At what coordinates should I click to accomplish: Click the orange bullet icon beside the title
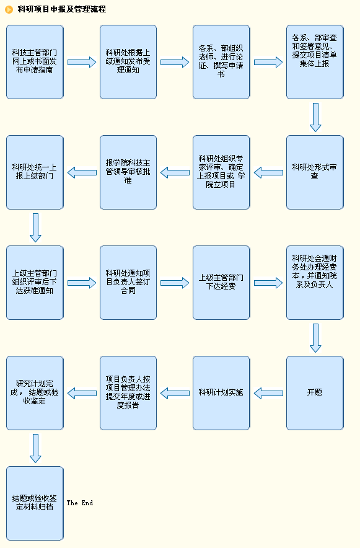pyautogui.click(x=9, y=10)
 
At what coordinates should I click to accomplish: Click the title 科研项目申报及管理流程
pyautogui.click(x=62, y=9)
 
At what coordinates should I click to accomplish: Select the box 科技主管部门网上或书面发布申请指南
pyautogui.click(x=35, y=62)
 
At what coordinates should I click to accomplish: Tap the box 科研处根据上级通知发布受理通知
pyautogui.click(x=128, y=62)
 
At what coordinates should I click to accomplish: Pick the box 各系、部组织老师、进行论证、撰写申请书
pyautogui.click(x=221, y=62)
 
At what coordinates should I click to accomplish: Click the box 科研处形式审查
pyautogui.click(x=315, y=172)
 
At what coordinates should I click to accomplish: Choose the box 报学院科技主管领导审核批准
pyautogui.click(x=128, y=172)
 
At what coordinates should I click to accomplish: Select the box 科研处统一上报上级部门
pyautogui.click(x=35, y=172)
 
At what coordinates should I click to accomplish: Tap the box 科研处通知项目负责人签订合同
pyautogui.click(x=128, y=283)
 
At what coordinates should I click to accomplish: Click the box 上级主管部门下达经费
pyautogui.click(x=221, y=283)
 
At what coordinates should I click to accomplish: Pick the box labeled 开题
pyautogui.click(x=315, y=393)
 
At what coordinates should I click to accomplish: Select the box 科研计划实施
pyautogui.click(x=221, y=393)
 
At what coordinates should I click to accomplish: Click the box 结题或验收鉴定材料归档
pyautogui.click(x=35, y=503)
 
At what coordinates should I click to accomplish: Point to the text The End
pyautogui.click(x=80, y=503)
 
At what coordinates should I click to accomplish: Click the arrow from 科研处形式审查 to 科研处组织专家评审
pyautogui.click(x=268, y=173)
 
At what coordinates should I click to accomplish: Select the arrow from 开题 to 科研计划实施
pyautogui.click(x=268, y=393)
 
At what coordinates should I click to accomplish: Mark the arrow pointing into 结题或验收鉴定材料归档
pyautogui.click(x=35, y=448)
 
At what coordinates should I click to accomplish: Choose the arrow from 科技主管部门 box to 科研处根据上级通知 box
pyautogui.click(x=82, y=62)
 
